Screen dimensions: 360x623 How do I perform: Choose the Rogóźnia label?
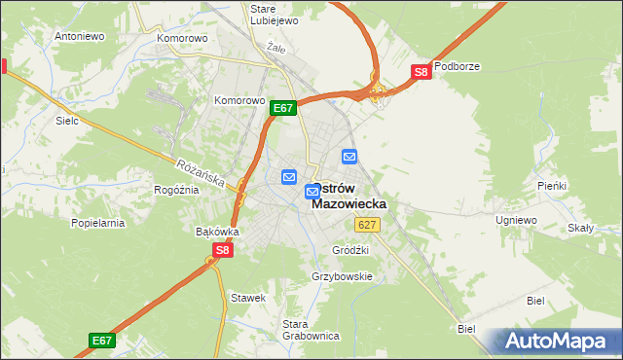pos(176,190)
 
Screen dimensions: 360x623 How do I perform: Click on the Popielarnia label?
pos(98,223)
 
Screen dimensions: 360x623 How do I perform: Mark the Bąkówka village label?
pos(217,232)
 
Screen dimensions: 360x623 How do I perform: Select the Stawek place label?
pos(247,297)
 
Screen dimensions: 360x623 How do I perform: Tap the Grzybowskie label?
pos(343,276)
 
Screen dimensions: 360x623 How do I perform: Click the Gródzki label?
pos(350,250)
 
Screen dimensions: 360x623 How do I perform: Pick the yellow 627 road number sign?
pos(367,225)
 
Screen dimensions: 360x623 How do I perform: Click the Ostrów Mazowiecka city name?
pos(348,196)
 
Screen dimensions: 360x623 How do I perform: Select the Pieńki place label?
pos(552,185)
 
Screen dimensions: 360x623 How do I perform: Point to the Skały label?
pos(581,228)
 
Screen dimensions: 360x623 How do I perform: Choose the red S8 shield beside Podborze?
pos(421,72)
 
